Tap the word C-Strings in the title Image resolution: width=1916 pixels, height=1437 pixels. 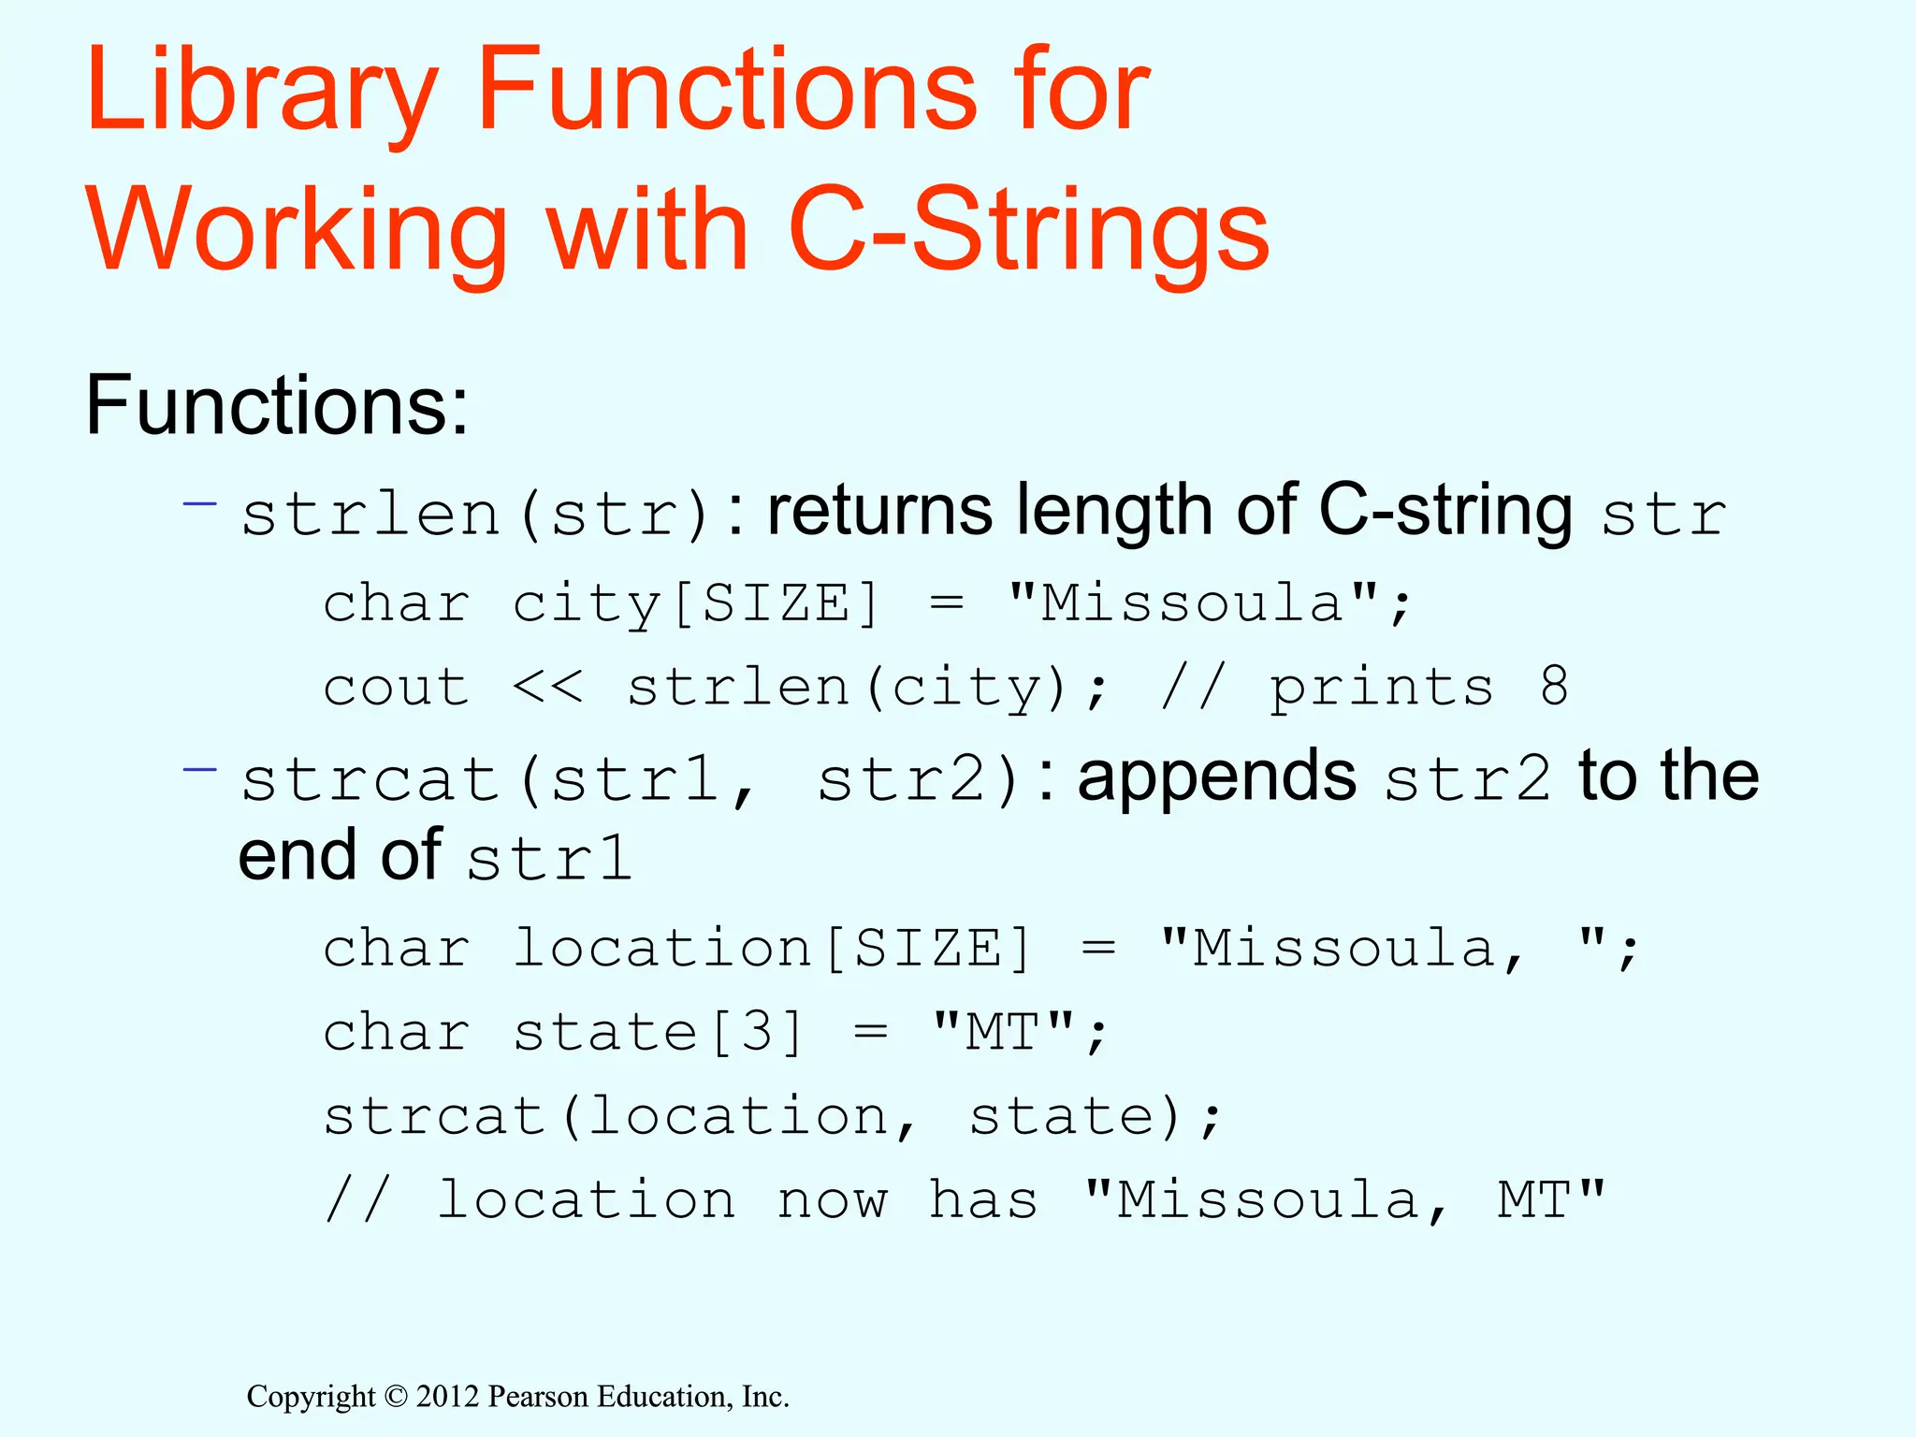(x=1028, y=230)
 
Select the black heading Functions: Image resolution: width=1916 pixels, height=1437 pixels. (x=277, y=406)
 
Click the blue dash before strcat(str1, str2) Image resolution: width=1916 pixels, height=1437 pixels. (x=199, y=770)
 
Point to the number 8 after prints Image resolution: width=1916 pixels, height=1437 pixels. (x=1554, y=687)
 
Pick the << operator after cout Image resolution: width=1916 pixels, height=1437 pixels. (x=547, y=688)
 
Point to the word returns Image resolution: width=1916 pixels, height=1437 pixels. (x=879, y=512)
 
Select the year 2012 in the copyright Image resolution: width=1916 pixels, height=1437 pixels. (x=447, y=1397)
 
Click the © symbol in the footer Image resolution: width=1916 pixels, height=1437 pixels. (x=396, y=1397)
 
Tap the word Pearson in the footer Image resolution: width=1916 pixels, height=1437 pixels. (x=539, y=1397)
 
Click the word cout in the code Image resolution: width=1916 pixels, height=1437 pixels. (x=396, y=688)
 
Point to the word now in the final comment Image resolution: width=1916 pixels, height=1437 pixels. (x=832, y=1200)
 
